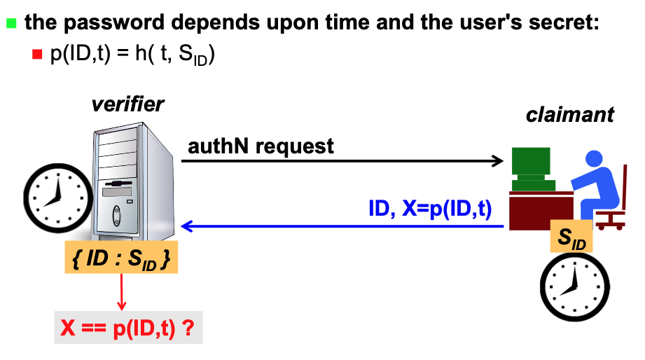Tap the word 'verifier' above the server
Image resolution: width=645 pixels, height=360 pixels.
[127, 104]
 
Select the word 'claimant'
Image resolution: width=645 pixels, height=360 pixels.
[570, 114]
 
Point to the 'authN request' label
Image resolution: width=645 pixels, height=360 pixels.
[261, 146]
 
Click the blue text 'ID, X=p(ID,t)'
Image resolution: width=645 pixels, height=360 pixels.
[430, 209]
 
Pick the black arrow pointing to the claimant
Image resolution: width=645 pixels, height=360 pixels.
[343, 161]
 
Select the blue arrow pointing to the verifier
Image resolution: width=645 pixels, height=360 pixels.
[343, 226]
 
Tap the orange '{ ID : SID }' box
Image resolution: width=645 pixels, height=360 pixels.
[121, 259]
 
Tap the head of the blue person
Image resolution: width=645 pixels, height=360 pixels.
[594, 159]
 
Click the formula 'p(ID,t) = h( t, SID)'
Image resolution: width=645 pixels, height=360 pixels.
[132, 55]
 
